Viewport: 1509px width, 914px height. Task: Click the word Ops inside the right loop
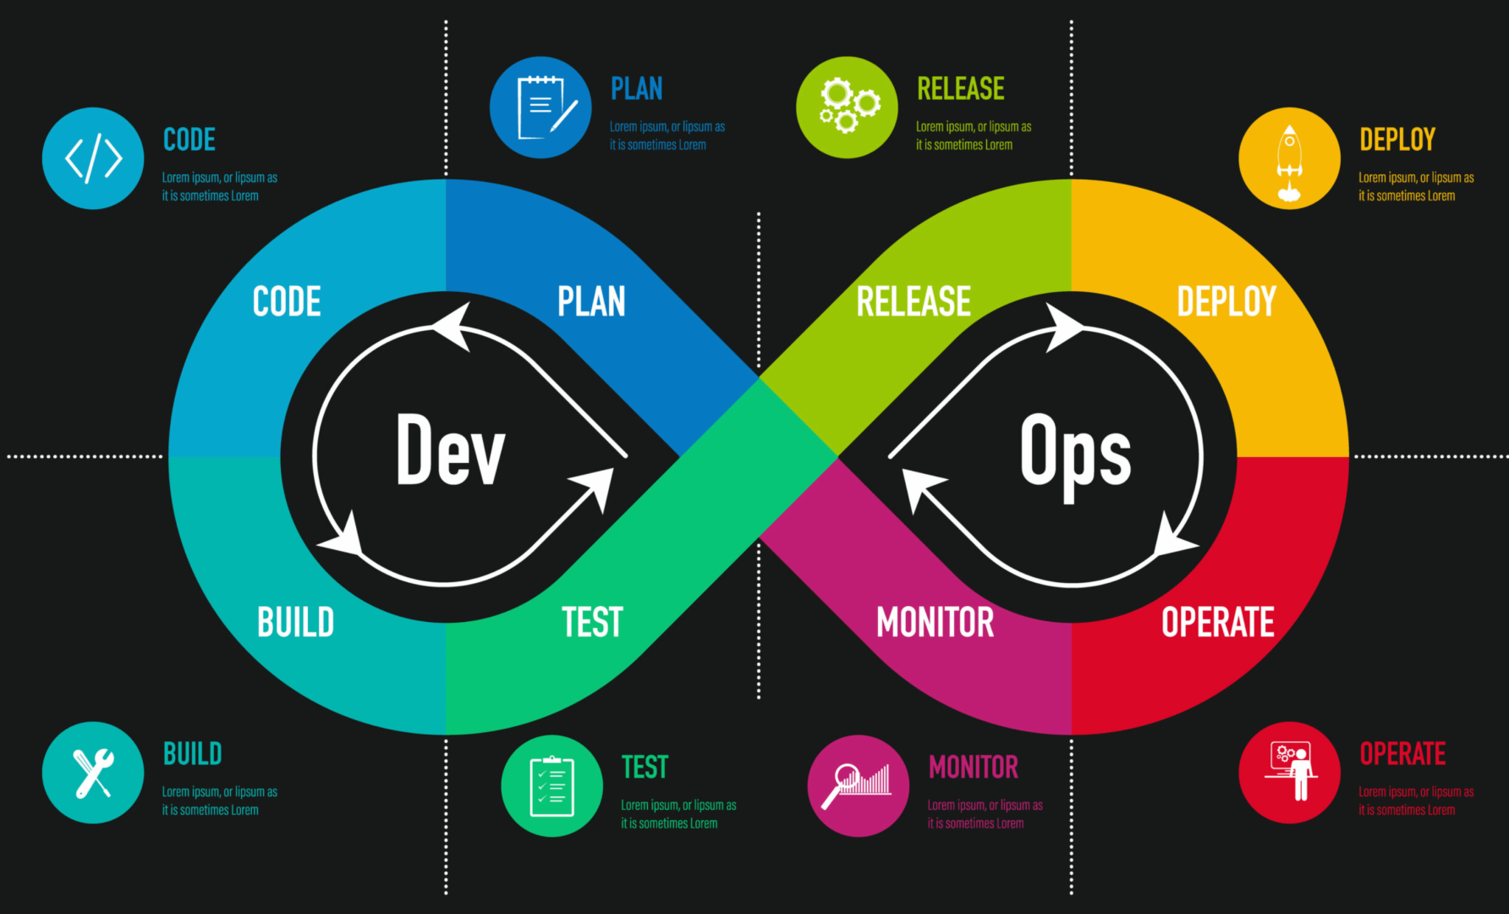pos(1075,456)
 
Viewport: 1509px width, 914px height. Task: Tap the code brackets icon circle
pos(93,158)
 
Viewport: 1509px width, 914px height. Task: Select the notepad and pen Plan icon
pos(540,107)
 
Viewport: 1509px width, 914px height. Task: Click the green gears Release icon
pos(847,107)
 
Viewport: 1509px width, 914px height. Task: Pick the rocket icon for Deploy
pos(1289,158)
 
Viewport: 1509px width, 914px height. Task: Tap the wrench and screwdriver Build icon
pos(93,773)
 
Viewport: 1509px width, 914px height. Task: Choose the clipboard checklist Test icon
pos(551,786)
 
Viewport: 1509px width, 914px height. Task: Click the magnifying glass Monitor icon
pos(859,786)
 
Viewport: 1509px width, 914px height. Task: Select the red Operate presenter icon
pos(1289,773)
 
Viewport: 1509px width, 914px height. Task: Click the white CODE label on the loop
pos(287,301)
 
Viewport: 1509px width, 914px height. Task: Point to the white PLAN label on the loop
pos(591,301)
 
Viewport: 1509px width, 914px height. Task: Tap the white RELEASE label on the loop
pos(914,301)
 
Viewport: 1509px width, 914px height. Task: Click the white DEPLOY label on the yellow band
pos(1226,301)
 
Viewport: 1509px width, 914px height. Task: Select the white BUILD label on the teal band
pos(295,622)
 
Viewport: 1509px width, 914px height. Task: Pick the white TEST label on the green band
pos(592,622)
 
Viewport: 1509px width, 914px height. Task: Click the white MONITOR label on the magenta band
pos(935,622)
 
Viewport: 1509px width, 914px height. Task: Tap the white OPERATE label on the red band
pos(1218,622)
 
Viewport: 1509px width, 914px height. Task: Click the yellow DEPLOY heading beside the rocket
pos(1397,139)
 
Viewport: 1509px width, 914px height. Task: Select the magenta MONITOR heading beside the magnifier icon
pos(974,767)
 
